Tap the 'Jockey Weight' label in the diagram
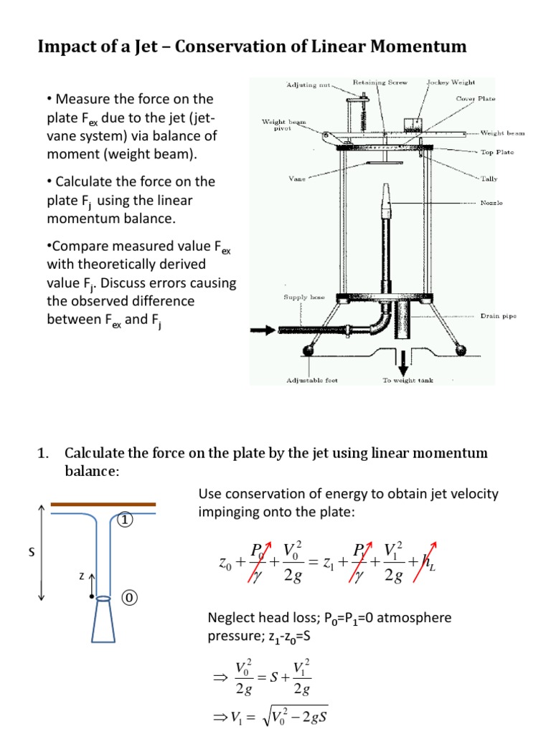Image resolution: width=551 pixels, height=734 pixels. pos(451,82)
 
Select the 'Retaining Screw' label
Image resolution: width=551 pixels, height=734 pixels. pos(380,82)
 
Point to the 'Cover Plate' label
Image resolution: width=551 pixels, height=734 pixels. pos(474,98)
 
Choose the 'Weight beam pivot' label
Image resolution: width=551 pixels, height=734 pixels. pos(283,125)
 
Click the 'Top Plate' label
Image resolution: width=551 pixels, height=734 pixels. pos(496,152)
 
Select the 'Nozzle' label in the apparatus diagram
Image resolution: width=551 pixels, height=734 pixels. pos(491,203)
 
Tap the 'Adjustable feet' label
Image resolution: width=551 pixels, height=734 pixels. pos(312,381)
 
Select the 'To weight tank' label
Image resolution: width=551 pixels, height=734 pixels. pos(407,381)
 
